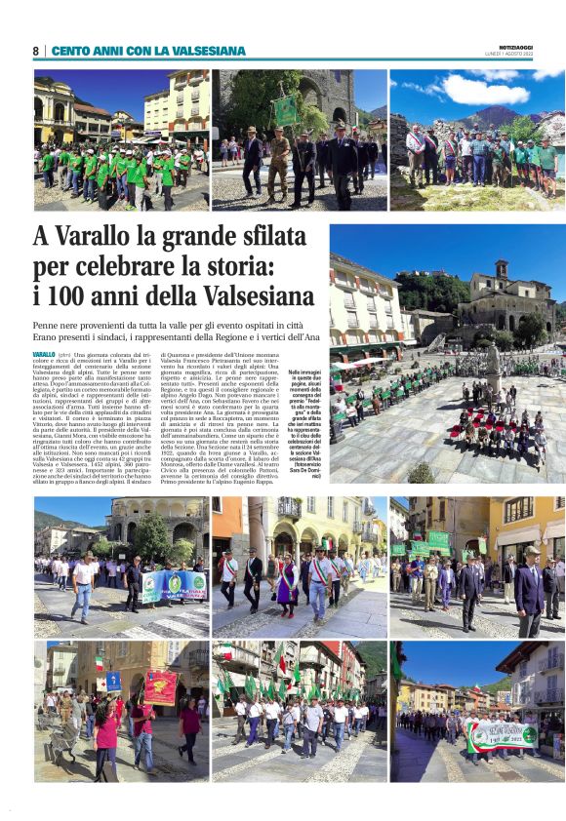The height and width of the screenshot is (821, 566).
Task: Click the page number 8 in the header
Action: pyautogui.click(x=36, y=51)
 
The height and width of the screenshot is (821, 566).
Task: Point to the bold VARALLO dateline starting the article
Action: pyautogui.click(x=44, y=355)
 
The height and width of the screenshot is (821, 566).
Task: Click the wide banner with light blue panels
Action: pyautogui.click(x=174, y=585)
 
